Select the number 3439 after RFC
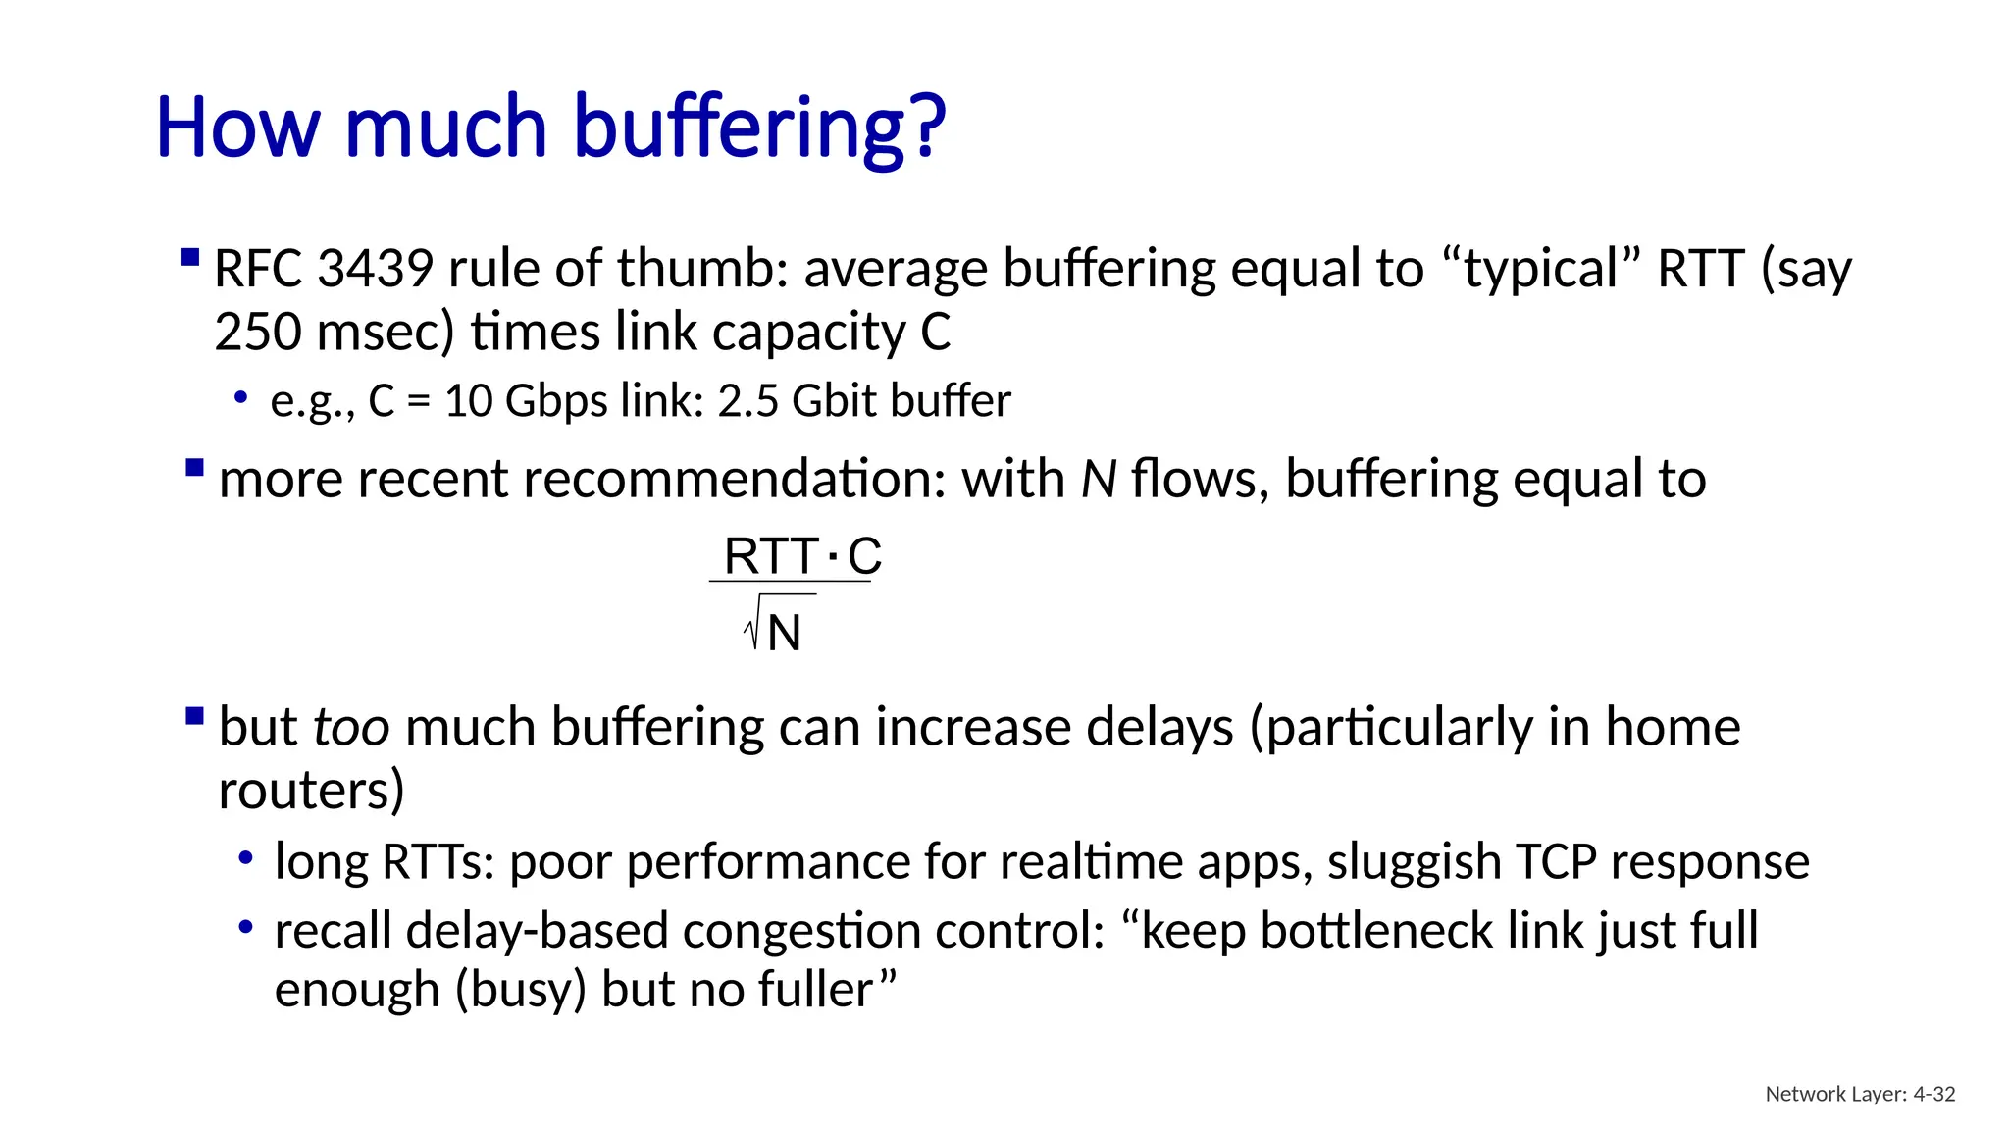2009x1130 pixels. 376,269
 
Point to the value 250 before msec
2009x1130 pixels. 258,333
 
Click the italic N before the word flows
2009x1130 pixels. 1099,480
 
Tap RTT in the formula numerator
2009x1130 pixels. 771,557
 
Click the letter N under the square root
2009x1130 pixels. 785,633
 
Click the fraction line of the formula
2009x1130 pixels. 790,582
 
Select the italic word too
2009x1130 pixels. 351,728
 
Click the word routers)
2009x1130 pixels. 311,791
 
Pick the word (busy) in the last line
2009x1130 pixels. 520,990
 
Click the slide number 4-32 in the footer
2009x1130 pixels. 1934,1094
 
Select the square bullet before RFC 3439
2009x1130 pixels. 191,259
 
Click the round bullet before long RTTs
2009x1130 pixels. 246,859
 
